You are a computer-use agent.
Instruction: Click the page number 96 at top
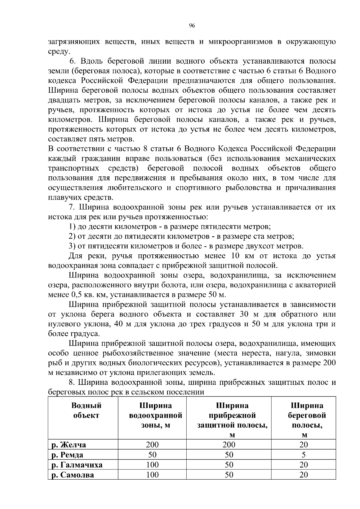click(x=192, y=26)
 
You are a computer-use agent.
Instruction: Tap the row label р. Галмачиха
click(x=77, y=465)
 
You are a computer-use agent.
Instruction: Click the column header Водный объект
click(x=86, y=411)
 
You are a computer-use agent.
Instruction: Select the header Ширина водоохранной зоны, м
click(x=155, y=415)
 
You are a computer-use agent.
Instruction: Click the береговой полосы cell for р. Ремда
click(x=304, y=455)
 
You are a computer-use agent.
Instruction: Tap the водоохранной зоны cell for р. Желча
click(x=152, y=445)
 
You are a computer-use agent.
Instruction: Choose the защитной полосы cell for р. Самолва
click(x=229, y=475)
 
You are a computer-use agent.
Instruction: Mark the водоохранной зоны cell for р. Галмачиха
click(x=152, y=465)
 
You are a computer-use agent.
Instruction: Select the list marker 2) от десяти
click(x=72, y=236)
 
